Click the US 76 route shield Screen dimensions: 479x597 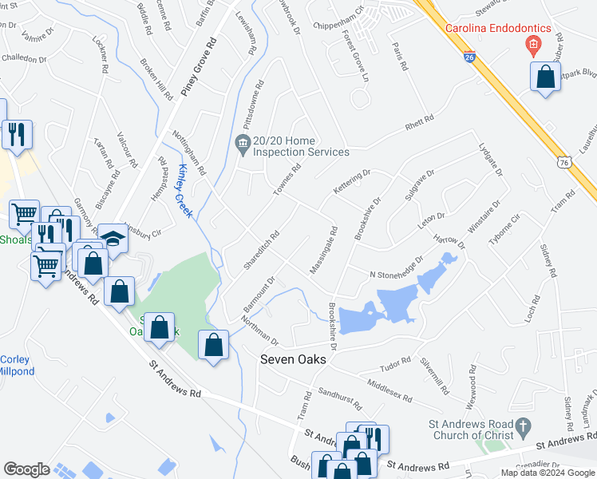point(563,161)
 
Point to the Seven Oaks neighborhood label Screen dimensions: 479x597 point(294,360)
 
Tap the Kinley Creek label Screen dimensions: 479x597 point(185,181)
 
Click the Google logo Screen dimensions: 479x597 point(27,469)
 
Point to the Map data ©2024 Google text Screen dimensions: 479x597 point(547,473)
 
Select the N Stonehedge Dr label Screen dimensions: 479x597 point(395,268)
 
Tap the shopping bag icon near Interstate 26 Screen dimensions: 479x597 point(545,77)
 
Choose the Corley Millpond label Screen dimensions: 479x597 point(16,366)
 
